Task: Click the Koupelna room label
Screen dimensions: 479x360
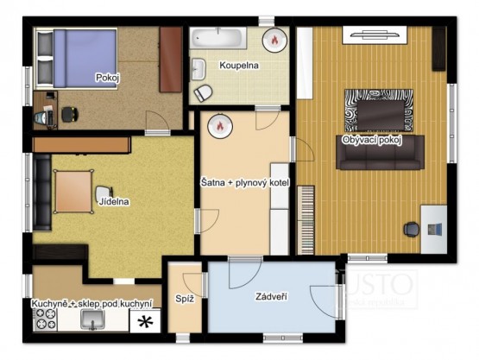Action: (x=239, y=66)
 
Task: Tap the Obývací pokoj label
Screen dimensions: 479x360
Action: (x=371, y=140)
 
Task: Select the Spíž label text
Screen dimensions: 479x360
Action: (x=185, y=299)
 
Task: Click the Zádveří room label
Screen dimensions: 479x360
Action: (x=271, y=296)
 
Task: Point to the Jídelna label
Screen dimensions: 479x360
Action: (x=114, y=202)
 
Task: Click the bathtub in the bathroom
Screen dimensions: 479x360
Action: (x=217, y=38)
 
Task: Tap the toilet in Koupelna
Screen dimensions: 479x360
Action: (x=204, y=93)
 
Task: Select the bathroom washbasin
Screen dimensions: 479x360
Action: (x=199, y=69)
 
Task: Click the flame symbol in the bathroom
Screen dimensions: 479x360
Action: (x=274, y=39)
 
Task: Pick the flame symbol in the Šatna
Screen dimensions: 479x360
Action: (x=219, y=125)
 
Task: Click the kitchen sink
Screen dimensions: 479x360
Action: (x=92, y=319)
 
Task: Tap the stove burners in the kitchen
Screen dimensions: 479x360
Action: (x=45, y=319)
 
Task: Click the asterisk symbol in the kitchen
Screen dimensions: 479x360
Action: (x=145, y=321)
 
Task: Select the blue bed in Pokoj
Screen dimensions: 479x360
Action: (x=76, y=59)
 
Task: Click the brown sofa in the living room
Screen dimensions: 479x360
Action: (x=380, y=152)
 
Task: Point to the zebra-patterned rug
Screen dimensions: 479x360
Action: (x=379, y=111)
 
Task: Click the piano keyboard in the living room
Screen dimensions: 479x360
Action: (x=306, y=220)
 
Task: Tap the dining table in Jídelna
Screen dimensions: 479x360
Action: (x=73, y=192)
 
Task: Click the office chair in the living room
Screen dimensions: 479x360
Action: (x=411, y=229)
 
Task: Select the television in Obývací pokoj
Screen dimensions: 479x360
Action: (x=375, y=35)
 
